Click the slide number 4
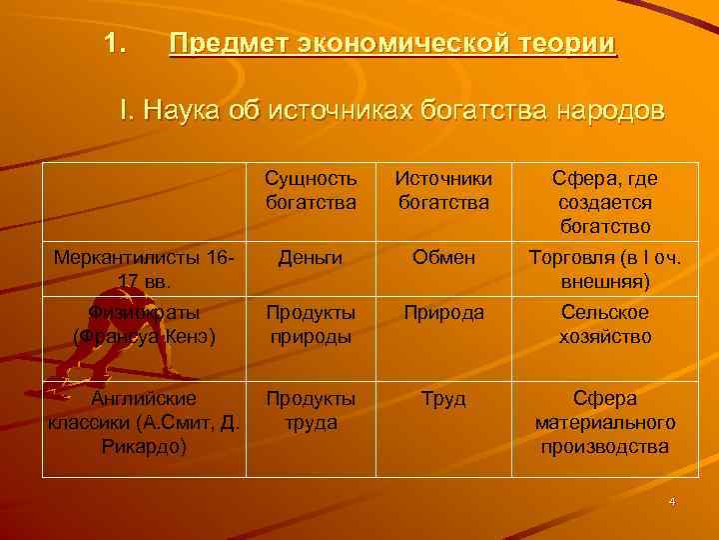point(673,501)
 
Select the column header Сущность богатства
point(311,190)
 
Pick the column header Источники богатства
point(443,190)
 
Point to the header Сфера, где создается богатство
point(606,202)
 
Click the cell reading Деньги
point(311,258)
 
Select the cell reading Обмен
point(443,258)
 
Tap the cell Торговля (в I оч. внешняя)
point(606,270)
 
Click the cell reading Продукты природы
point(311,324)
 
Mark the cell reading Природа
point(443,312)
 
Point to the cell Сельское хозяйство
point(606,324)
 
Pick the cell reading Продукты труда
point(311,410)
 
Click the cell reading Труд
point(443,399)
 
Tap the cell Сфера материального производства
point(606,422)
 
